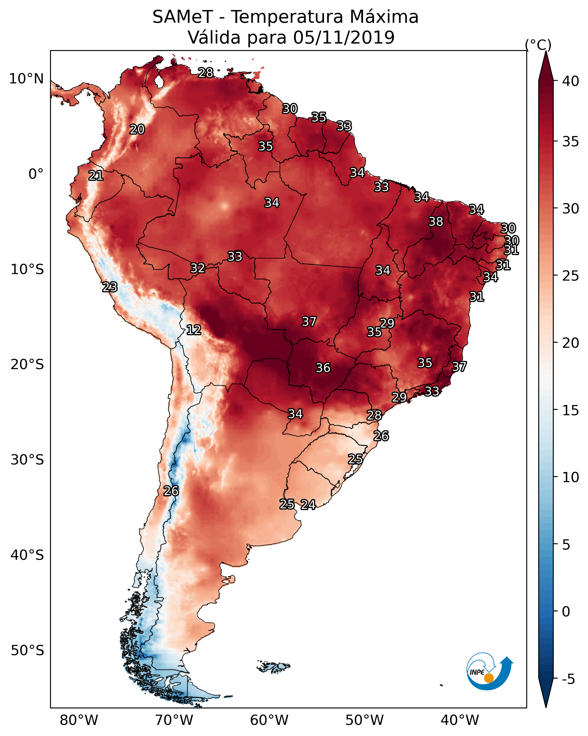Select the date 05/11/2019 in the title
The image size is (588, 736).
(x=344, y=37)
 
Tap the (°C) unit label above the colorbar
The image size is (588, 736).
(x=538, y=45)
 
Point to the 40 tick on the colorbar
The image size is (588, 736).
(x=571, y=81)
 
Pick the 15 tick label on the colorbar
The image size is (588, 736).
(x=571, y=410)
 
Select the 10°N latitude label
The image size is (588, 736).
(x=26, y=79)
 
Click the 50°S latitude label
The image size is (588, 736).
(x=27, y=650)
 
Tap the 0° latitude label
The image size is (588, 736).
(x=36, y=174)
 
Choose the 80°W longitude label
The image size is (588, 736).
(x=79, y=720)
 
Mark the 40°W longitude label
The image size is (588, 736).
(x=460, y=720)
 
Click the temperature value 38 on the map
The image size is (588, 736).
(x=436, y=221)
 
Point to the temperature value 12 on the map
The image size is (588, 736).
(x=194, y=330)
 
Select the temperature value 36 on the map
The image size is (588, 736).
(x=323, y=368)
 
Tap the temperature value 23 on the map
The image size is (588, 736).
(x=110, y=287)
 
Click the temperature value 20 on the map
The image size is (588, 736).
(x=137, y=129)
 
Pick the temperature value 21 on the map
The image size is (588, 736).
(x=96, y=176)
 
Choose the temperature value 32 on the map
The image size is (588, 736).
(x=198, y=268)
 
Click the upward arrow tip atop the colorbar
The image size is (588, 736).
(x=546, y=51)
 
